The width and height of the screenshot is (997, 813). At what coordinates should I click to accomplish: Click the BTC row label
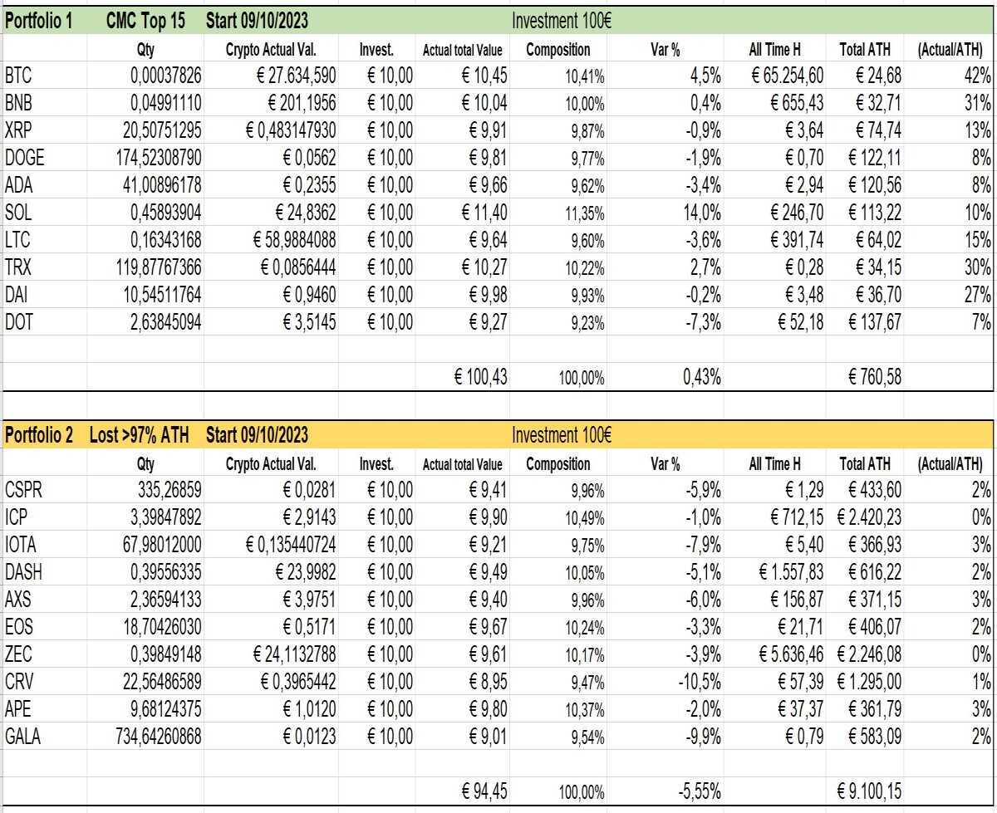pos(18,76)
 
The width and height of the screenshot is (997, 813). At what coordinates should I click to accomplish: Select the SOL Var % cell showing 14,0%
pos(702,213)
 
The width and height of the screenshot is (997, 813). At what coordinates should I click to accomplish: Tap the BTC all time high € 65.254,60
pos(787,76)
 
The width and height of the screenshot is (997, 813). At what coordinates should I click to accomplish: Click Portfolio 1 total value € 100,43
pos(480,377)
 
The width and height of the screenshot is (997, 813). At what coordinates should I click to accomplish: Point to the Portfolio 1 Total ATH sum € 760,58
pos(875,377)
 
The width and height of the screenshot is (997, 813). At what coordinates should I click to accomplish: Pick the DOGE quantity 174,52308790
pos(159,158)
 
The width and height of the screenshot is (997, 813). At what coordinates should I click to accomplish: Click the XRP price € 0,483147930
pos(291,130)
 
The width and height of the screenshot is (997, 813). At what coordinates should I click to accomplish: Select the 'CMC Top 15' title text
pos(145,21)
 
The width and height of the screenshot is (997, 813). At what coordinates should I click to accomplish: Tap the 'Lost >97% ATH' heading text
pos(139,435)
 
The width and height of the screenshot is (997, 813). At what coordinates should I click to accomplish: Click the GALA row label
pos(22,737)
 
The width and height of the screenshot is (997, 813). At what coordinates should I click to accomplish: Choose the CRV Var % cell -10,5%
pos(700,682)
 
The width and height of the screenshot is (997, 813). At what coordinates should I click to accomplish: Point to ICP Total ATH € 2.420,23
pos(869,517)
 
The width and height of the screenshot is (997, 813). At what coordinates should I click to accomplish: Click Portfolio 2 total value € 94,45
pos(484,791)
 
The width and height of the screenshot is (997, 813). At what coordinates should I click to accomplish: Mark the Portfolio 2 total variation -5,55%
pos(700,791)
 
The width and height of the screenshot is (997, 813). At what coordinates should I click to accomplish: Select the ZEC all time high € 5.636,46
pos(791,654)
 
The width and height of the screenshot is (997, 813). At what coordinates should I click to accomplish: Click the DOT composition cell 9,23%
pos(587,323)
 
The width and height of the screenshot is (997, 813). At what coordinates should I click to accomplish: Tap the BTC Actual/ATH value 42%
pos(977,76)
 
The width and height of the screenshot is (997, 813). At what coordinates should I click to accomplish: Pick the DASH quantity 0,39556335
pos(166,572)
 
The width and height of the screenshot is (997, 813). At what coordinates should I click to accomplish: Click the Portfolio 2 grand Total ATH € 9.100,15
pos(869,791)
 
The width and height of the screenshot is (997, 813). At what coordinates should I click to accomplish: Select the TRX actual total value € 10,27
pos(484,267)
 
